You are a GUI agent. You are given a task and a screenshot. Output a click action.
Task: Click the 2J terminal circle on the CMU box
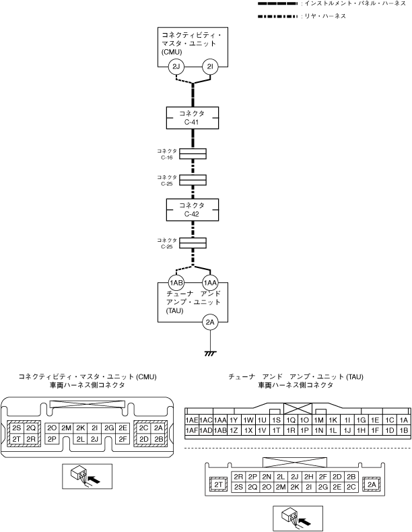176,67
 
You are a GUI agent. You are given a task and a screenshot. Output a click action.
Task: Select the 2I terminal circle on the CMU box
210,67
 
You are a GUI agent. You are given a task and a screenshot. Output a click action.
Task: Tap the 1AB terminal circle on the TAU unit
176,283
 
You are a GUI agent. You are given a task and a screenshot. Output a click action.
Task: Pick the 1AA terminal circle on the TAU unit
210,283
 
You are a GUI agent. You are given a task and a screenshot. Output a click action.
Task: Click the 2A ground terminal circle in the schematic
210,323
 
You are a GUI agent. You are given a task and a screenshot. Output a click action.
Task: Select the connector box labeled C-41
193,117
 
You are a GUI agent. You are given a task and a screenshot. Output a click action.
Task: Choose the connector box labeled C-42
193,209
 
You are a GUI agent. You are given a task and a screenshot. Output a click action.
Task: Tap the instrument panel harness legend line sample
277,4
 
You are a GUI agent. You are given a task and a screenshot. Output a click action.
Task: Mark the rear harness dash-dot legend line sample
277,15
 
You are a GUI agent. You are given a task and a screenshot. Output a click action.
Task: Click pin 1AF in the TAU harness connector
191,430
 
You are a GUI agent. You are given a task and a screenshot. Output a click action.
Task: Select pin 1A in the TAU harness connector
404,419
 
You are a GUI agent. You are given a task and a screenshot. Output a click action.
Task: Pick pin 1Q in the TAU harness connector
291,419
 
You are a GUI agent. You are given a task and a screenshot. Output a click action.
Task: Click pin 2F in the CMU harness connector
123,439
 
